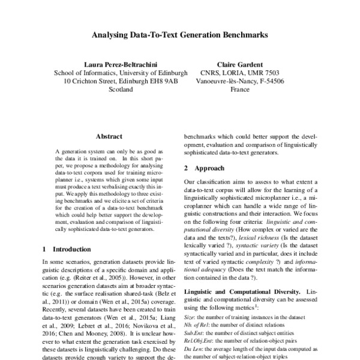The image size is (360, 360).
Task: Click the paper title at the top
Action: click(179, 35)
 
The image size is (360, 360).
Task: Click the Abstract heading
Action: click(109, 137)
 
